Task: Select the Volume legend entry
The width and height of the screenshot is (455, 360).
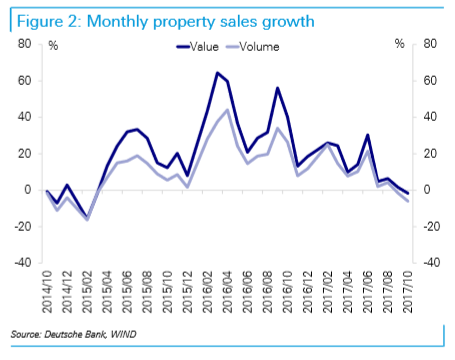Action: [259, 46]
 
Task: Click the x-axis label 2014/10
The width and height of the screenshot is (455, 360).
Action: [46, 290]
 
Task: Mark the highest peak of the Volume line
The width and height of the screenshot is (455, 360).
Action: [228, 109]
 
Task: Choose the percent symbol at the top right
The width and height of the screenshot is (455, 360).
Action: [399, 46]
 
